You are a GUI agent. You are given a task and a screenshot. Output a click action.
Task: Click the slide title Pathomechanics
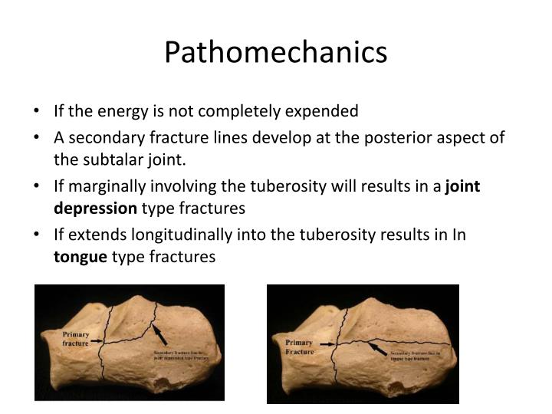(x=275, y=52)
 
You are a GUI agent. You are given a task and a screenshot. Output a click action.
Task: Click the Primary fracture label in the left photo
(x=75, y=339)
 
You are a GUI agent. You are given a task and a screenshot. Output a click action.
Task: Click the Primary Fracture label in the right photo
(x=299, y=347)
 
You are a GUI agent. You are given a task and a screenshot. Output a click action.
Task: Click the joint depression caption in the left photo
(x=181, y=355)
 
